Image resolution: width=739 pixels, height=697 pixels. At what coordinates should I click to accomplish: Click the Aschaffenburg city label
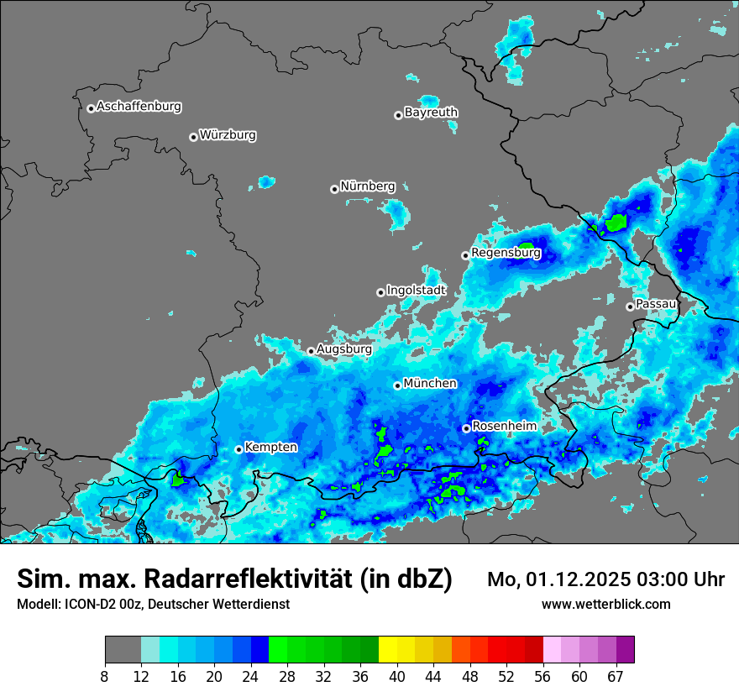click(x=139, y=107)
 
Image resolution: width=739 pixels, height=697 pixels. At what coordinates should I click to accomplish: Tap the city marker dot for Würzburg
click(x=193, y=137)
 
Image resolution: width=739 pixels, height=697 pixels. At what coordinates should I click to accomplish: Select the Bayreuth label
click(x=431, y=113)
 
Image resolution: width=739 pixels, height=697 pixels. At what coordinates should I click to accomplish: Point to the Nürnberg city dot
click(x=334, y=189)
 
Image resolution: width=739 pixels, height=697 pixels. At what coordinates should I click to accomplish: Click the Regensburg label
click(x=506, y=252)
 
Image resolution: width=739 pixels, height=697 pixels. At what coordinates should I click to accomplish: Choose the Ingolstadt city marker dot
click(x=380, y=292)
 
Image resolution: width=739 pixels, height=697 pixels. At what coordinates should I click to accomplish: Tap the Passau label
click(x=656, y=303)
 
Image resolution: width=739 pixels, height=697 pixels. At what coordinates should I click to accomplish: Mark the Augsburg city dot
click(x=311, y=351)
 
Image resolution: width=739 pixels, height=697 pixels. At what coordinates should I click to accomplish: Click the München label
click(x=430, y=384)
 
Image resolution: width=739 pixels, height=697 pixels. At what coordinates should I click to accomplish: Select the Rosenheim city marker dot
click(x=466, y=428)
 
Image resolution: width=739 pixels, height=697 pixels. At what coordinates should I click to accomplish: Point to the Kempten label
click(x=270, y=448)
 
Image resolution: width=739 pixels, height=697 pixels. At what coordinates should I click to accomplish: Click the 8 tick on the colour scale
click(x=105, y=675)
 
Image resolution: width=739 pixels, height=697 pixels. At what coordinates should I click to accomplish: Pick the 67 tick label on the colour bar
click(x=615, y=675)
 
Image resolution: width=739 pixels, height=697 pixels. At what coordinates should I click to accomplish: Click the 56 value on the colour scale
click(x=542, y=675)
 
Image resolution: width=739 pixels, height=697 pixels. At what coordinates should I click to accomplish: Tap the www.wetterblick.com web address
click(x=605, y=605)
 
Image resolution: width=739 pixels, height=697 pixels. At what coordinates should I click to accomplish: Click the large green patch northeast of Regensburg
click(x=617, y=222)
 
